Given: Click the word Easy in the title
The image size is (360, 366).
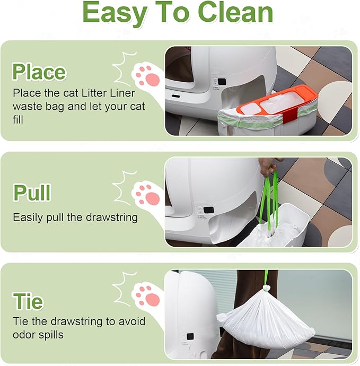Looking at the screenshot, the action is click(115, 14).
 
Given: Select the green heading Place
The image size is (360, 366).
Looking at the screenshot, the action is click(39, 72).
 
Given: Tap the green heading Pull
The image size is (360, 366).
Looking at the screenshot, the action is click(32, 193).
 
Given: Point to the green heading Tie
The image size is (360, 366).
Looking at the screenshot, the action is click(28, 301).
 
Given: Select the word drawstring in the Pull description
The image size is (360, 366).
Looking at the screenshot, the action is click(112, 217).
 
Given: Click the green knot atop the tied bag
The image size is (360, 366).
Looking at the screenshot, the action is click(266, 289).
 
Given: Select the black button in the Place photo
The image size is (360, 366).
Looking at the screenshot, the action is click(222, 82).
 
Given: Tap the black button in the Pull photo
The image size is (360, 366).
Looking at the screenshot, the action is click(208, 210).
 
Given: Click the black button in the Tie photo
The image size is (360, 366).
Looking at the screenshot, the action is click(190, 336).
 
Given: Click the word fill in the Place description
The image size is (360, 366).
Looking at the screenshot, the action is click(18, 119).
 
